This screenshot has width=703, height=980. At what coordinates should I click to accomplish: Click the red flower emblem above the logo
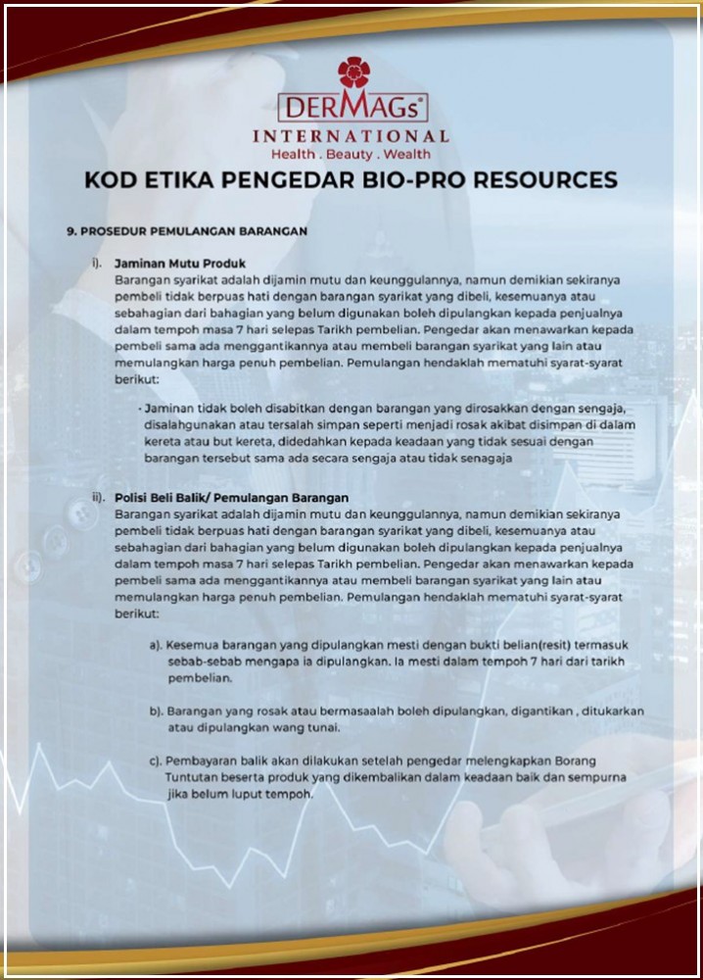(352, 73)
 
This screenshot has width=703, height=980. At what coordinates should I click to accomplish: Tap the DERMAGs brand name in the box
(351, 107)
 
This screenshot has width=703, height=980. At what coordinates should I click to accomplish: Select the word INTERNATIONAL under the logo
(351, 136)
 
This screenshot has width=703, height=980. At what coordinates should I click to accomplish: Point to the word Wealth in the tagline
(406, 155)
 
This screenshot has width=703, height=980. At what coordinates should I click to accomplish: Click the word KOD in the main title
(112, 180)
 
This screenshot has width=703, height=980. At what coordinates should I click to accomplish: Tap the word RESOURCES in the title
(552, 180)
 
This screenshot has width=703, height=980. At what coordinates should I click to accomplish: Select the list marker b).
(156, 710)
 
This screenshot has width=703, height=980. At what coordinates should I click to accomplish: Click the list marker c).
(156, 760)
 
